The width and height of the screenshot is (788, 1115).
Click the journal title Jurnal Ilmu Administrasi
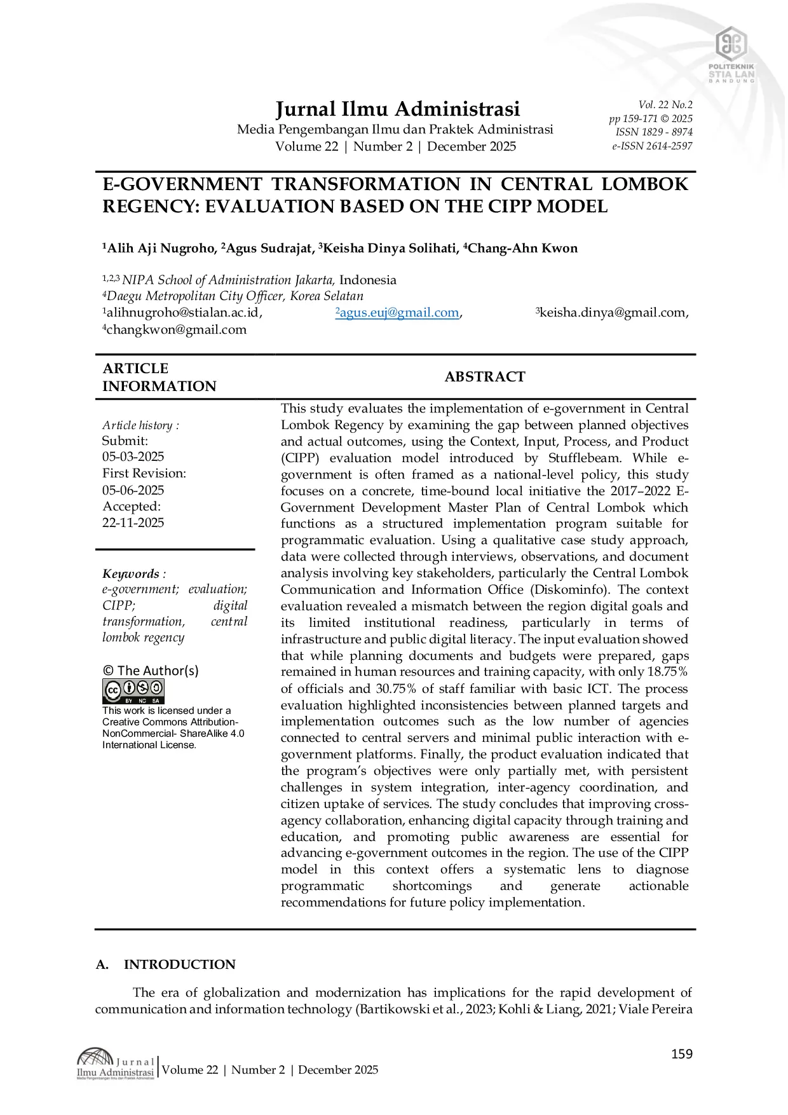pos(397,109)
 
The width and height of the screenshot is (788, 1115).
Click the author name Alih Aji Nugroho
pos(161,249)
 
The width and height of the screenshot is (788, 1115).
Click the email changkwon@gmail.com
pos(176,329)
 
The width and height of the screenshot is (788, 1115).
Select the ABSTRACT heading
pos(485,377)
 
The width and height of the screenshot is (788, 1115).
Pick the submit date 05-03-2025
pos(133,456)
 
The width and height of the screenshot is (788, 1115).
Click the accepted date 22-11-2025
pos(133,523)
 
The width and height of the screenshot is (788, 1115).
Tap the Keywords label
pos(131,574)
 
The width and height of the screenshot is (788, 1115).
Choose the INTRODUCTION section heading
pos(179,964)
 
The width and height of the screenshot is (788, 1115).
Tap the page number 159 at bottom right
pos(681,1054)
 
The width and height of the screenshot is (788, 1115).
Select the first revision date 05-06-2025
pos(133,490)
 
